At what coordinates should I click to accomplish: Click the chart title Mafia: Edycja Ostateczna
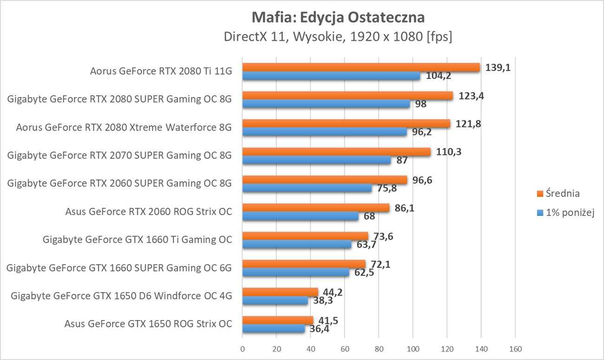click(338, 17)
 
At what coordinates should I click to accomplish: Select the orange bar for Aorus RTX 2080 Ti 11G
click(361, 68)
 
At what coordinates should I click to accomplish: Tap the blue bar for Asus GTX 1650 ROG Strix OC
click(274, 328)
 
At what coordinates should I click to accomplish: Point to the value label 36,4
click(319, 329)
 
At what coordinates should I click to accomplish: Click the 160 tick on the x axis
click(515, 349)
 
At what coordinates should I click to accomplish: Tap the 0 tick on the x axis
click(243, 349)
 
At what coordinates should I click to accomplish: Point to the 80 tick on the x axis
click(379, 349)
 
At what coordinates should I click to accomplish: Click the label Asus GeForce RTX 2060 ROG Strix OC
click(149, 212)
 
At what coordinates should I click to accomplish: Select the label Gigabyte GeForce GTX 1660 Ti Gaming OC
click(137, 240)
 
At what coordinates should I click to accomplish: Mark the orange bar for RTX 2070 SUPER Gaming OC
click(336, 152)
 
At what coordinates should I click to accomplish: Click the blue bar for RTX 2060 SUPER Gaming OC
click(307, 188)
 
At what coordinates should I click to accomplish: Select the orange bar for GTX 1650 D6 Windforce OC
click(280, 292)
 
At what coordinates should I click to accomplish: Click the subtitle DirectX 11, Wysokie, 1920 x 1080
click(338, 37)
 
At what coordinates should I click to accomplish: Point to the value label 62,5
click(364, 273)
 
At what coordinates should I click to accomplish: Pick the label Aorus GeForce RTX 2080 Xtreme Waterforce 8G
click(124, 127)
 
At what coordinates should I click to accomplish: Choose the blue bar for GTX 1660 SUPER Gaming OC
click(296, 272)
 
